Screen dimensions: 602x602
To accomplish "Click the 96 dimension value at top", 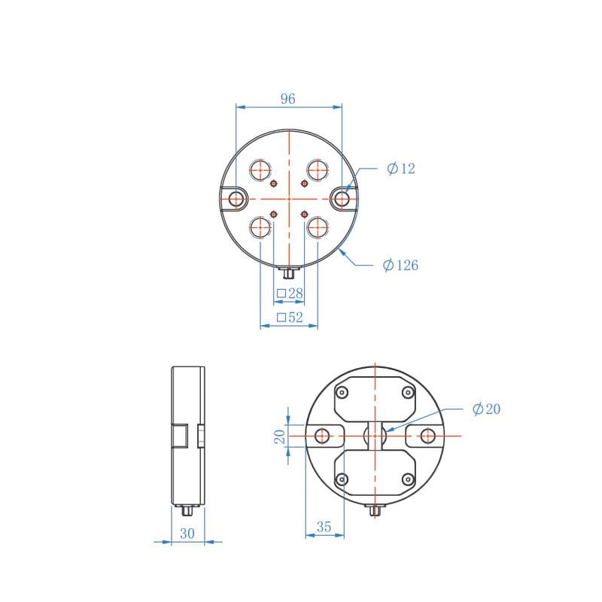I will [x=288, y=99].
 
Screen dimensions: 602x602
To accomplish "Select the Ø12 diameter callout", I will [x=401, y=169].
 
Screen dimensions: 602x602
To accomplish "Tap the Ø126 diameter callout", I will [x=400, y=265].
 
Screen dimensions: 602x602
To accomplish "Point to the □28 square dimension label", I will [x=289, y=293].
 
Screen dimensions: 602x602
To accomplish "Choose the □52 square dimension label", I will [x=289, y=318].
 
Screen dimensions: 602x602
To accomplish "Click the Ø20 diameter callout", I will [x=486, y=409].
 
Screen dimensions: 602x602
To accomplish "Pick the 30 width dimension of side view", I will [x=187, y=533].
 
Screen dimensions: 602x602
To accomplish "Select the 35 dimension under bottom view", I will [x=324, y=528].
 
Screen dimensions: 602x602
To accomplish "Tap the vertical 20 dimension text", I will [x=279, y=436].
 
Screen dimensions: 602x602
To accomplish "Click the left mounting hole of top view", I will [x=237, y=199].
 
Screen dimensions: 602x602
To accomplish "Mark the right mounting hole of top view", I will [x=342, y=199].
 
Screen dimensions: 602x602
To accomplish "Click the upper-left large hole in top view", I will [x=262, y=169].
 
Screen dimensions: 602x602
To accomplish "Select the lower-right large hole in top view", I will [x=317, y=227].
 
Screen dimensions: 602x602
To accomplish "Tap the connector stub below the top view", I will [x=289, y=271].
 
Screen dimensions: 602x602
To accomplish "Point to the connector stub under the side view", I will [x=187, y=511].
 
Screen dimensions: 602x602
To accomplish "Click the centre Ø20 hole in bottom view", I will [x=375, y=436].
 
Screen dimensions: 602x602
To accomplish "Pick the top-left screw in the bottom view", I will [x=342, y=393].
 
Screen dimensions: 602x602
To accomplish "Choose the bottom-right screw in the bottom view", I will [x=407, y=479].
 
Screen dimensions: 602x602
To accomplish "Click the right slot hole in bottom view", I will [x=427, y=436].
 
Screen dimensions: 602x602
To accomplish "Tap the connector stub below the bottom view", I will [x=375, y=511].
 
